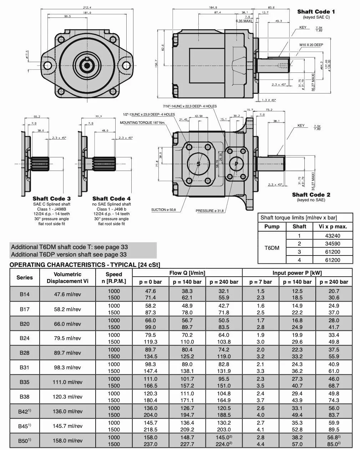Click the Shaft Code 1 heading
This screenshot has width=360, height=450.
[x=316, y=12]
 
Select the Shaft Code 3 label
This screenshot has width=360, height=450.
[x=51, y=199]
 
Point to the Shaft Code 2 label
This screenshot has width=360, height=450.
[x=311, y=195]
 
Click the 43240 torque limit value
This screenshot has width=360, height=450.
[x=333, y=236]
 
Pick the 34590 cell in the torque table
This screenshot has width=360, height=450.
[x=333, y=244]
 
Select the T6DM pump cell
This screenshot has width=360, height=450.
[x=272, y=248]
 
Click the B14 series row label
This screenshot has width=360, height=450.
[x=25, y=294]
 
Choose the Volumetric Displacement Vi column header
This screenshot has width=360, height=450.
[x=67, y=278]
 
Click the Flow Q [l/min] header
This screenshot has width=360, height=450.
[x=187, y=273]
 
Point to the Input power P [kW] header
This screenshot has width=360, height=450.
[x=297, y=273]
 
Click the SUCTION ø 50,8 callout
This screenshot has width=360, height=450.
[x=163, y=210]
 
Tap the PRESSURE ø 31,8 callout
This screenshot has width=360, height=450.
[x=209, y=211]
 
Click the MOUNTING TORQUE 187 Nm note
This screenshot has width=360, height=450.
[x=142, y=123]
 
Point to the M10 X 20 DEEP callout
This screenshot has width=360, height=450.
[x=311, y=45]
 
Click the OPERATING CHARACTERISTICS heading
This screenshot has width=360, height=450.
[x=85, y=265]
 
